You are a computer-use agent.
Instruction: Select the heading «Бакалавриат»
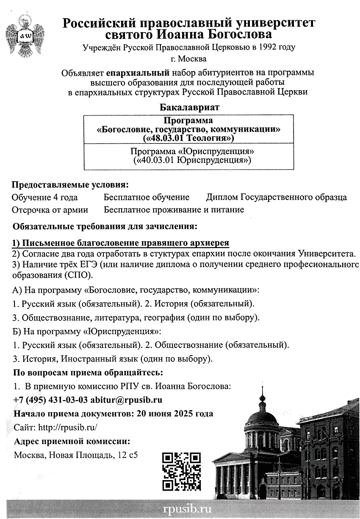coord(190,108)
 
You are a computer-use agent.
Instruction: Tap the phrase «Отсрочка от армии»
coord(50,210)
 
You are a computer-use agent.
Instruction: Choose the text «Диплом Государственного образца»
coord(276,197)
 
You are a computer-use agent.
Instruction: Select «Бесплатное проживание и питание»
coord(174,210)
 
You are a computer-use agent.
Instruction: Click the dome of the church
coord(262,417)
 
